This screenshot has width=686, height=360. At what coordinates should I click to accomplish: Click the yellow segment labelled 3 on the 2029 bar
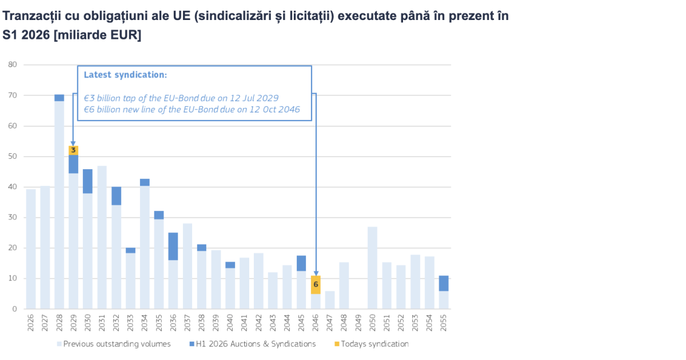73,150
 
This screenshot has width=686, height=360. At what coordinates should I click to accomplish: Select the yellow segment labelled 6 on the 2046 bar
316,285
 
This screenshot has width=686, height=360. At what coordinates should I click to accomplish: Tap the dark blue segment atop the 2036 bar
173,246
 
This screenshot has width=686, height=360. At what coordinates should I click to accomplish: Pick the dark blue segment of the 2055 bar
443,283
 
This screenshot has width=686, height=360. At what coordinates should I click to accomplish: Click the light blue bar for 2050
372,267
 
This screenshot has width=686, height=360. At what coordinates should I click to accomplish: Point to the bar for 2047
330,300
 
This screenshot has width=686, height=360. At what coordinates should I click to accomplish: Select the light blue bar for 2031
102,237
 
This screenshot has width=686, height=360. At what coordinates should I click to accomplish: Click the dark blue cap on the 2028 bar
59,98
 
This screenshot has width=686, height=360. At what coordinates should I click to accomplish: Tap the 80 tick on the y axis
12,65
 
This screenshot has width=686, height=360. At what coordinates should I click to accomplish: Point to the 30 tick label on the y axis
12,218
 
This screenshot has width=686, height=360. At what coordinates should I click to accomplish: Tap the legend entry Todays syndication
374,344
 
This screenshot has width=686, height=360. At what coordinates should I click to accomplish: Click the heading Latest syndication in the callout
125,75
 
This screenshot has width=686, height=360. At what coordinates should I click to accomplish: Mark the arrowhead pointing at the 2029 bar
73,143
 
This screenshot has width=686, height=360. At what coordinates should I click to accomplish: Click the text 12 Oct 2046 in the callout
274,109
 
